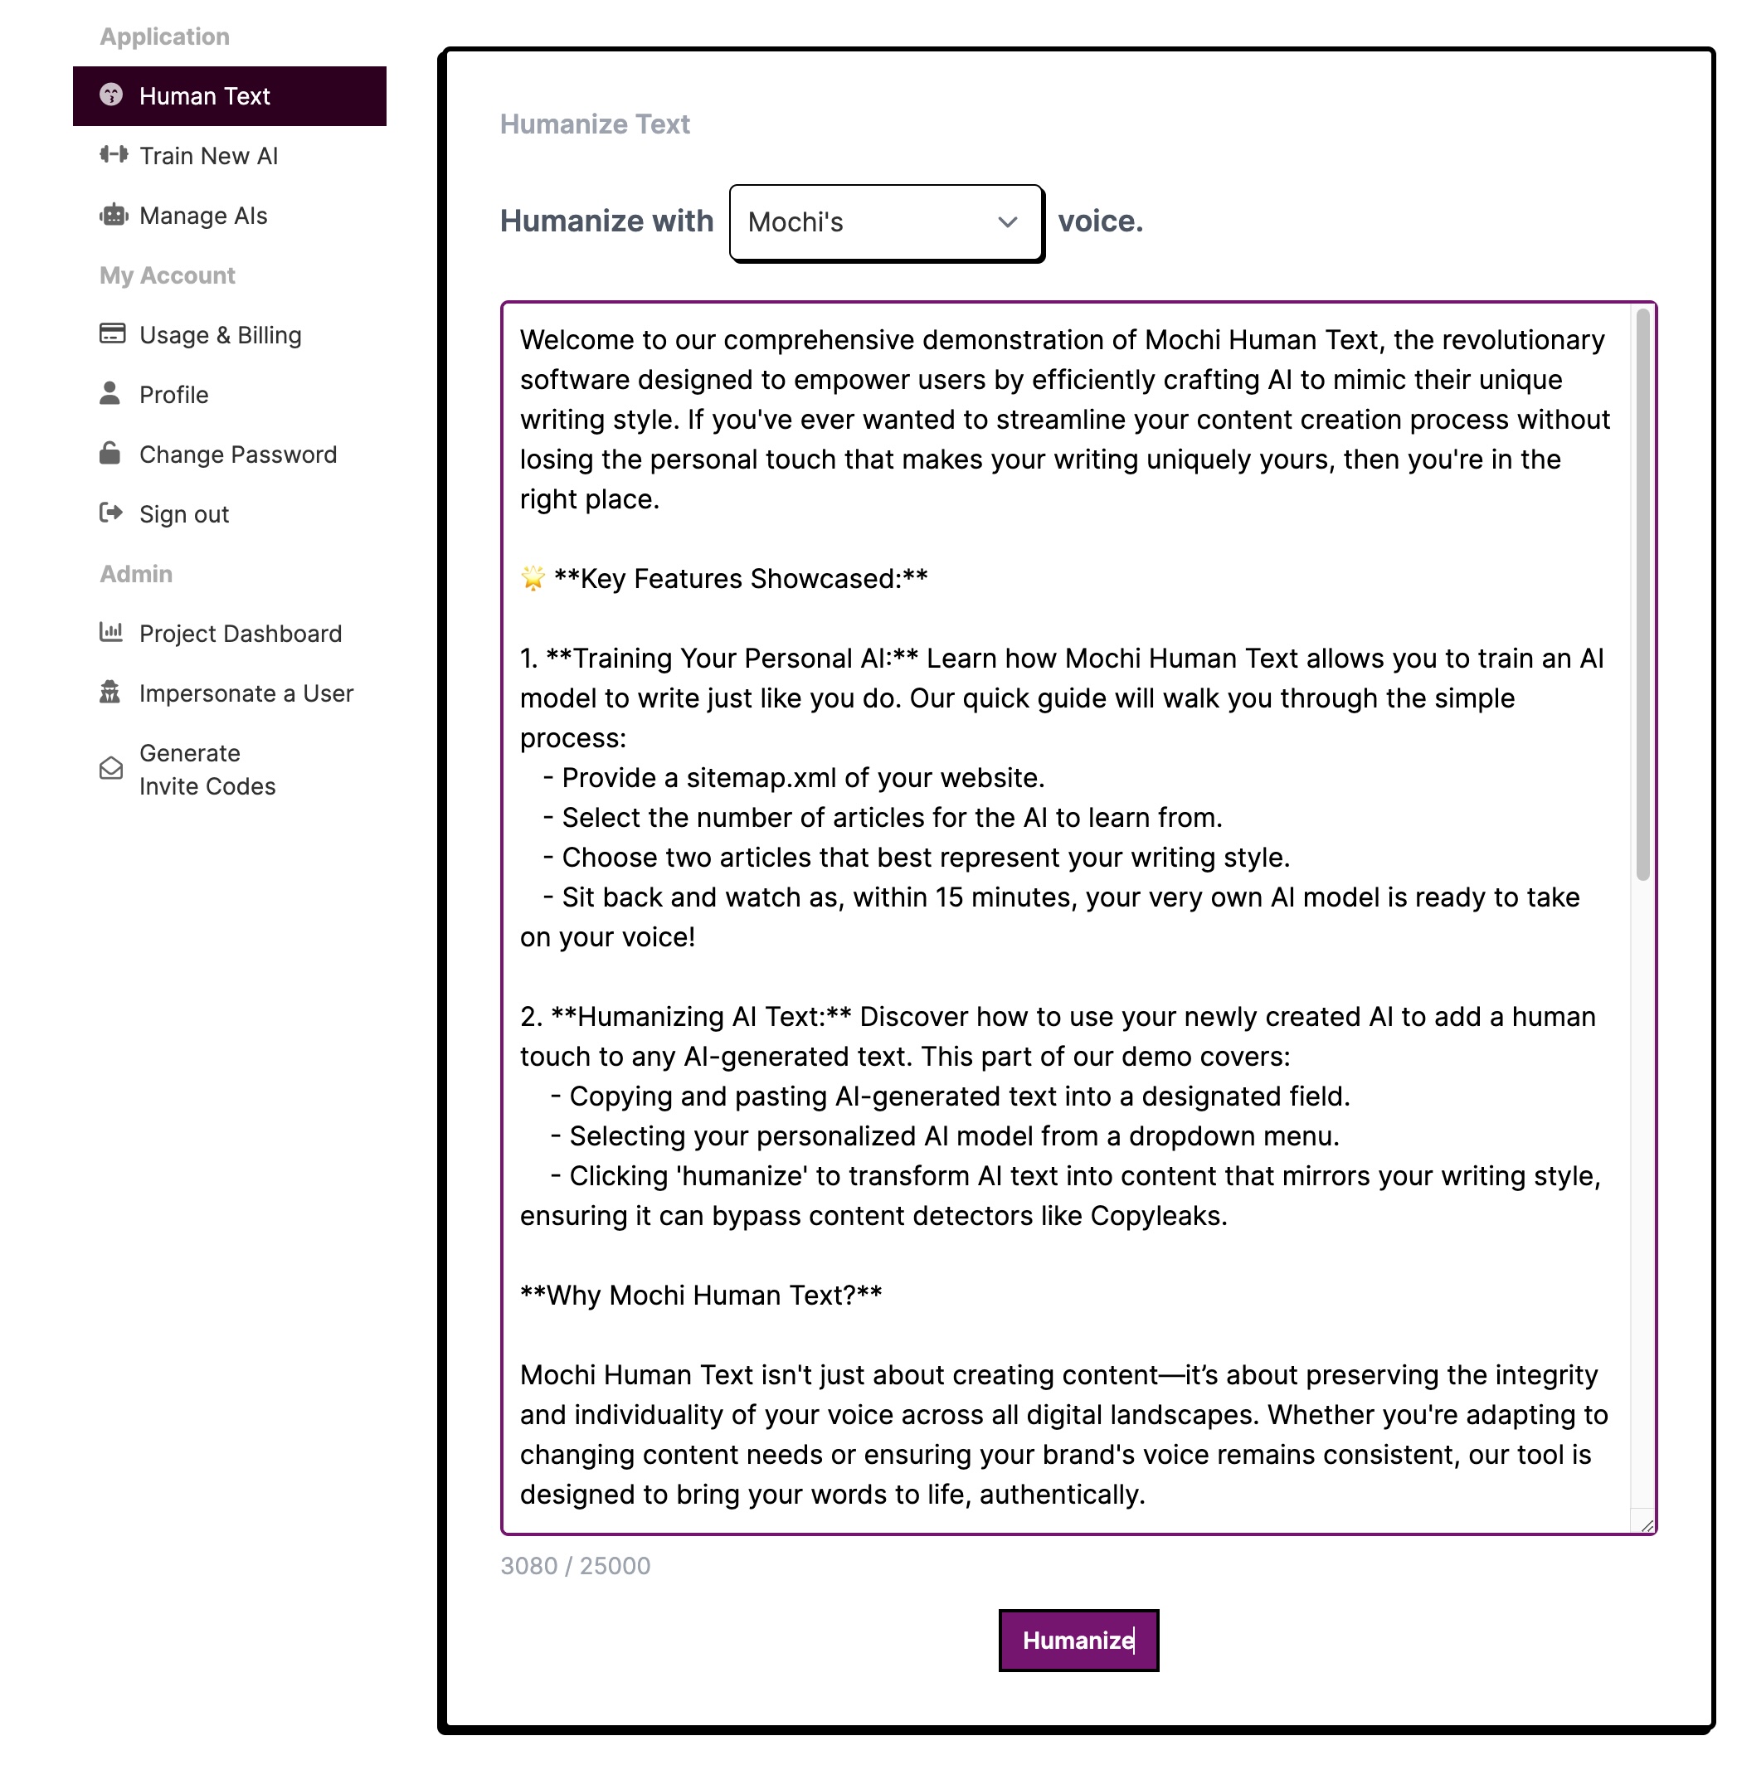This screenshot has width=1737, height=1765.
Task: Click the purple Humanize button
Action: click(1078, 1639)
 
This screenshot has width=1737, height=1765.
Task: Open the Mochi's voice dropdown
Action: click(885, 222)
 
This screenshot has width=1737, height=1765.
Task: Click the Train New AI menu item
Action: click(208, 156)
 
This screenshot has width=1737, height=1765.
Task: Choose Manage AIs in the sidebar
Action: click(202, 216)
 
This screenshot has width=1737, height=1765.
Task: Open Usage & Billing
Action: click(220, 336)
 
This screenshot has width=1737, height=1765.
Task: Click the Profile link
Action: click(173, 395)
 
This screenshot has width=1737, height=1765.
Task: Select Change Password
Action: click(237, 455)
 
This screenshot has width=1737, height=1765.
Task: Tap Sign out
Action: click(183, 514)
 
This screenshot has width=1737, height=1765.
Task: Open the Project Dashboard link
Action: click(240, 634)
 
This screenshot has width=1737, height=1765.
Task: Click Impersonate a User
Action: click(246, 694)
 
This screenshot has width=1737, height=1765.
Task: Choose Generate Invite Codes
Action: click(207, 770)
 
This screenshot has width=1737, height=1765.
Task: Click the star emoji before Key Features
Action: click(533, 578)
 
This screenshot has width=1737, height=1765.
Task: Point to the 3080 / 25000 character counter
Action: click(575, 1566)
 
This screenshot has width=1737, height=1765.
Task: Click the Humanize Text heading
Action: click(595, 124)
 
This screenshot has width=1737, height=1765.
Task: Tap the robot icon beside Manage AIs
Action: click(112, 216)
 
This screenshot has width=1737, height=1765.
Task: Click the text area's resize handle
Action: click(1647, 1525)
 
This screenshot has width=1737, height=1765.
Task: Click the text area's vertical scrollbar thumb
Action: click(1643, 593)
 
